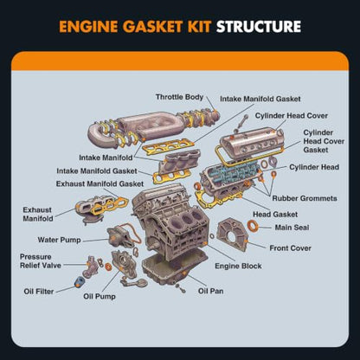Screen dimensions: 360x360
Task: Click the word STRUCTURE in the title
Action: [259, 27]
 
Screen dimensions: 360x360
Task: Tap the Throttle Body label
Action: [179, 97]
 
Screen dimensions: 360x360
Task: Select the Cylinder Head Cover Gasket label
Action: [324, 141]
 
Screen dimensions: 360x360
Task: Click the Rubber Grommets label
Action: [305, 198]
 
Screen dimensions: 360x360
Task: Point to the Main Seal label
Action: [292, 228]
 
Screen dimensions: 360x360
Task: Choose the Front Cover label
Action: [290, 248]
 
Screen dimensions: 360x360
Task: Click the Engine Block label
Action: [238, 266]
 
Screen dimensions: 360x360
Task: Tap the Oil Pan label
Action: [210, 291]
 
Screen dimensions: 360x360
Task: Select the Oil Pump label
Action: [100, 296]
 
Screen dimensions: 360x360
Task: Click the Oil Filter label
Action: [39, 292]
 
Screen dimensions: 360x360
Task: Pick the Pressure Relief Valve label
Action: [41, 261]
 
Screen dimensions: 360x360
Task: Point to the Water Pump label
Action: [59, 240]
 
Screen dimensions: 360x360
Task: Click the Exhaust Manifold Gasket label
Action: [100, 183]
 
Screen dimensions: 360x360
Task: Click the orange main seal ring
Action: [253, 225]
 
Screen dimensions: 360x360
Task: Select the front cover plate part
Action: [233, 235]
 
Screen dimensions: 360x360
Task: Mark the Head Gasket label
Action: [275, 215]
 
